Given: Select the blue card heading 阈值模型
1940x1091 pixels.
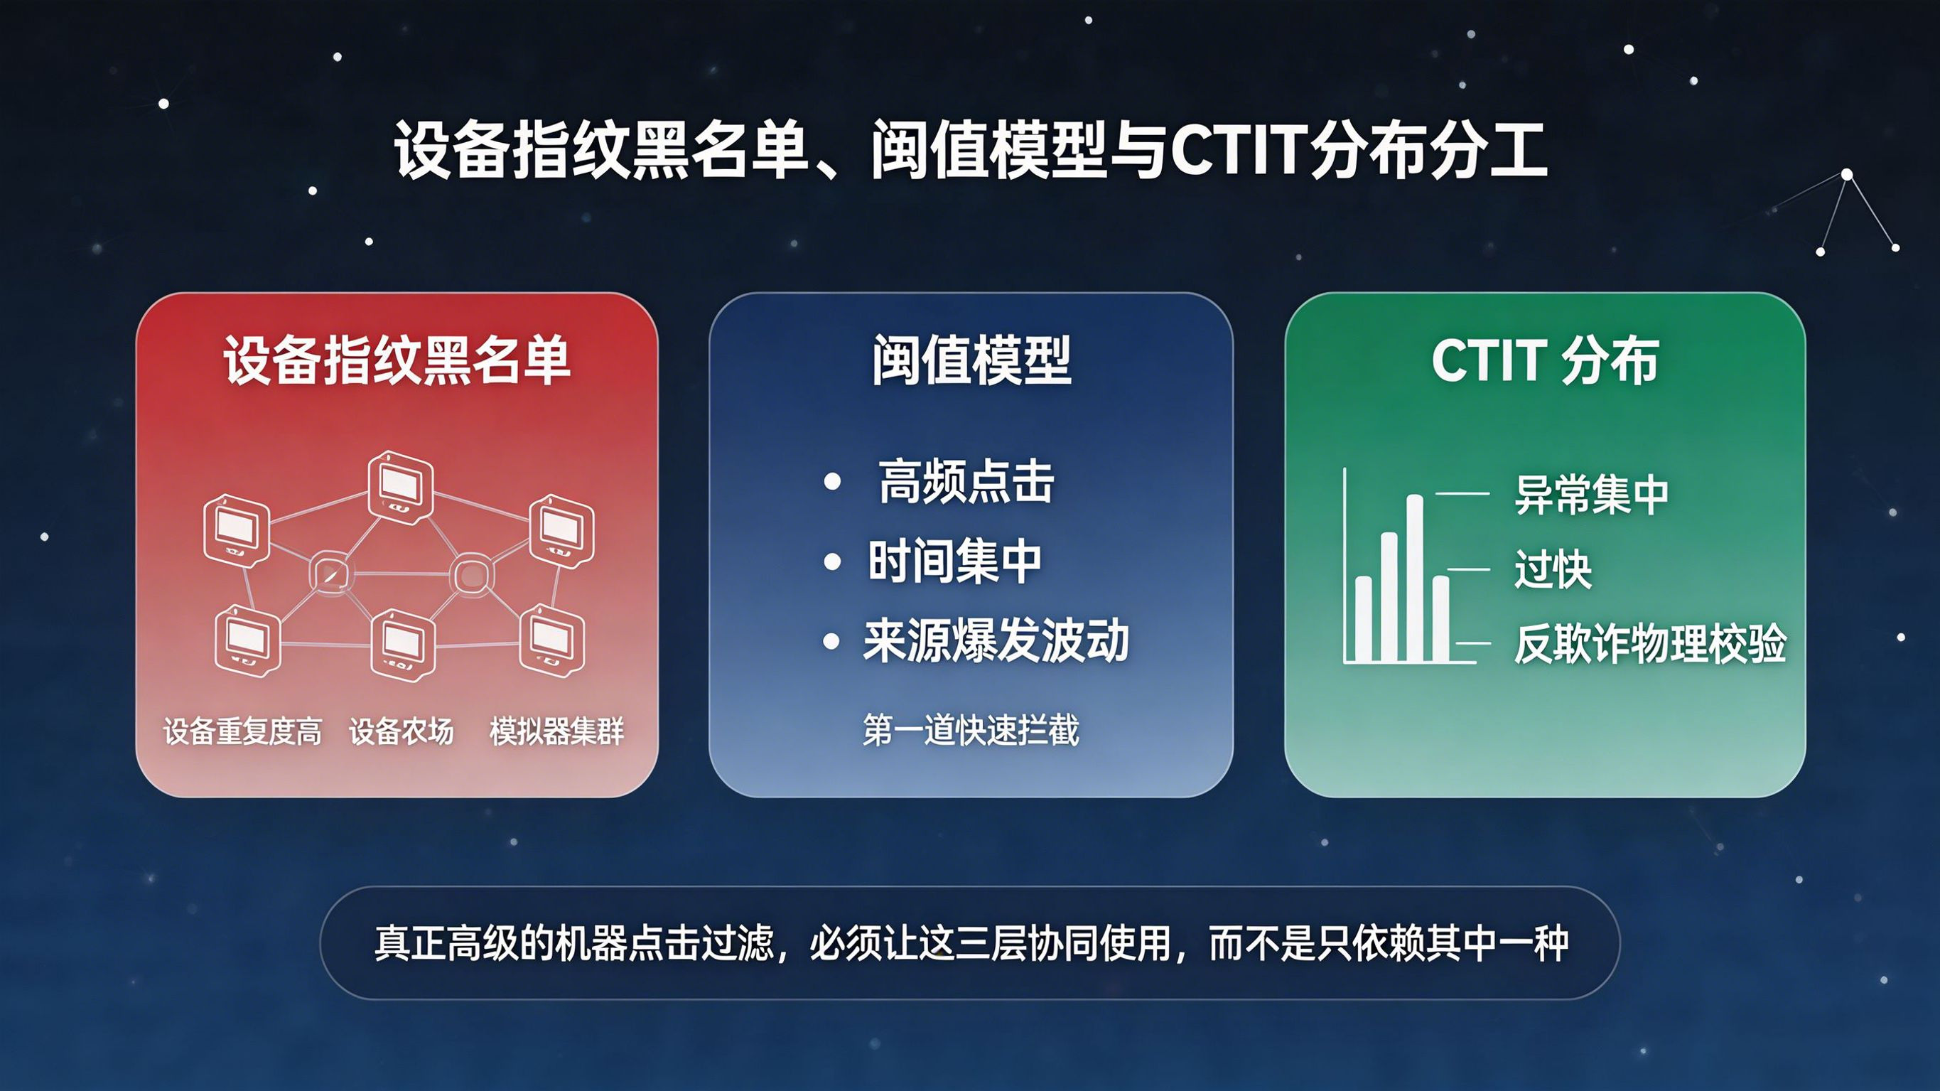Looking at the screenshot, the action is click(x=971, y=360).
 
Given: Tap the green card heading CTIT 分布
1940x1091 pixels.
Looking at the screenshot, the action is click(x=1545, y=360).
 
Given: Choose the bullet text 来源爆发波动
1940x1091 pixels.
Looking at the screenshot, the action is click(x=996, y=640).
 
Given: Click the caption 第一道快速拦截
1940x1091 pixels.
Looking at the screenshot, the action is click(x=971, y=729).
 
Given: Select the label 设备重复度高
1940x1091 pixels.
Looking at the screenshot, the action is click(x=242, y=731).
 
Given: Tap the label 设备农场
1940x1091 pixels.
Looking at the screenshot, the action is click(x=402, y=731).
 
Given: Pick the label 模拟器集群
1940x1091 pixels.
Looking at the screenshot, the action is click(x=556, y=731).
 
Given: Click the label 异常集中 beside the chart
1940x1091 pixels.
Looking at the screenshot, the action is click(x=1591, y=494).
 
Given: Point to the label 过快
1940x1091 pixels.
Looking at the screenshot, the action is click(x=1553, y=569).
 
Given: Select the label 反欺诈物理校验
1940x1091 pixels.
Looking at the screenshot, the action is click(x=1650, y=643).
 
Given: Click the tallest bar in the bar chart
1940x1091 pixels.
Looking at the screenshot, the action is click(x=1414, y=578).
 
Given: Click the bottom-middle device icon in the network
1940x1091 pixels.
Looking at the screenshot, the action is click(x=403, y=644).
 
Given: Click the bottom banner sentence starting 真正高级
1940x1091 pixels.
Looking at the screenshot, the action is click(x=971, y=942).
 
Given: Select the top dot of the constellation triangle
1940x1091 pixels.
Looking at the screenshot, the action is click(x=1847, y=175).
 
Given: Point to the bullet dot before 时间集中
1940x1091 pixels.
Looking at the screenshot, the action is click(x=832, y=561).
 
